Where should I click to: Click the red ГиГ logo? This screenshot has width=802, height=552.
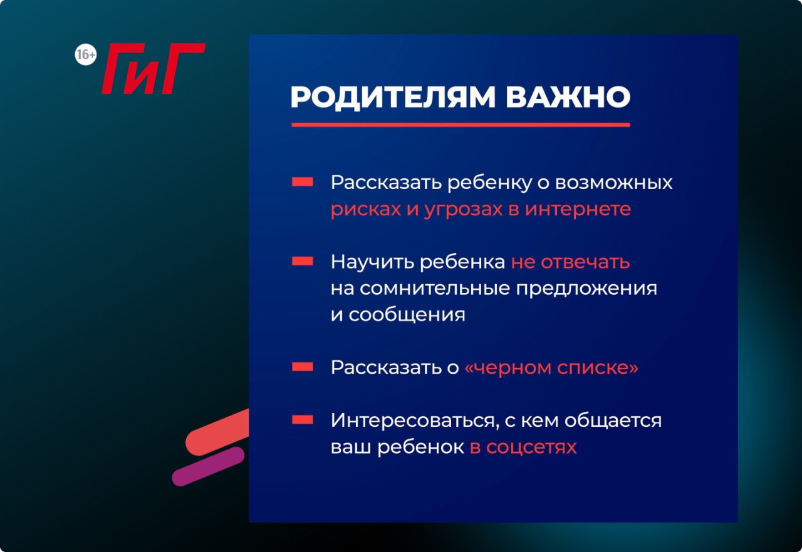pyautogui.click(x=154, y=69)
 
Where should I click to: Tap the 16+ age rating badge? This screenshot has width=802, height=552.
pyautogui.click(x=86, y=54)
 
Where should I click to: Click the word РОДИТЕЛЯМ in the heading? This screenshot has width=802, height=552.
pyautogui.click(x=393, y=97)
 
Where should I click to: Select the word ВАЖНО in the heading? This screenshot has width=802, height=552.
pyautogui.click(x=568, y=96)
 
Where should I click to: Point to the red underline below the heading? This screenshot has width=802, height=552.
pyautogui.click(x=461, y=125)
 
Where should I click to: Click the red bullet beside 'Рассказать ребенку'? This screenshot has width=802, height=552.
pyautogui.click(x=303, y=181)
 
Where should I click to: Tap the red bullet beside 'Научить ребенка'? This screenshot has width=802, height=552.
pyautogui.click(x=303, y=262)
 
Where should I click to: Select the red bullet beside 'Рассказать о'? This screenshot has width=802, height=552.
pyautogui.click(x=303, y=367)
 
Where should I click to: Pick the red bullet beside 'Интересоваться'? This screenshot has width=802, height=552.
pyautogui.click(x=303, y=419)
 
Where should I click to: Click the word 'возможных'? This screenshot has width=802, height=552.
pyautogui.click(x=613, y=183)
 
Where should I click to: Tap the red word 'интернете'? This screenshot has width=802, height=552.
pyautogui.click(x=578, y=210)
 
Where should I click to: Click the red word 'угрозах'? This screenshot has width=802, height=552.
pyautogui.click(x=463, y=210)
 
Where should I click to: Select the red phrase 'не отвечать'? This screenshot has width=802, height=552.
pyautogui.click(x=570, y=262)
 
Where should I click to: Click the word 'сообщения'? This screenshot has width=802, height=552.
pyautogui.click(x=407, y=315)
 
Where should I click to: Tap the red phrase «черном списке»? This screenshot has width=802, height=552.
pyautogui.click(x=551, y=367)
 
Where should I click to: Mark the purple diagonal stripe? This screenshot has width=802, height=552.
pyautogui.click(x=208, y=466)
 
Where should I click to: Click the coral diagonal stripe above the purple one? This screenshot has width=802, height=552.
pyautogui.click(x=217, y=432)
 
